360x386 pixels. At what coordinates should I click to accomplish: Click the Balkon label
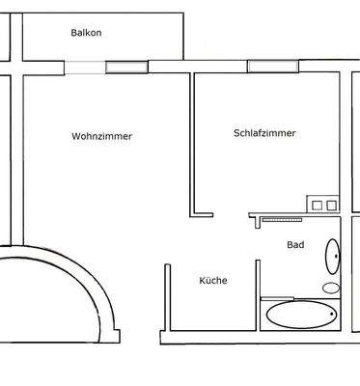pyautogui.click(x=86, y=33)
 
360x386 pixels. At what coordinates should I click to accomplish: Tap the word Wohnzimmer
pyautogui.click(x=101, y=136)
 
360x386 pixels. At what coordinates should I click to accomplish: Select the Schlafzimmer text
pyautogui.click(x=263, y=133)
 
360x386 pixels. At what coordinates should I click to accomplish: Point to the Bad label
pyautogui.click(x=295, y=245)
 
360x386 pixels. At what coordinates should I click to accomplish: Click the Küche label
pyautogui.click(x=212, y=281)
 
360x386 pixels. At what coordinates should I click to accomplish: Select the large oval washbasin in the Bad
pyautogui.click(x=331, y=257)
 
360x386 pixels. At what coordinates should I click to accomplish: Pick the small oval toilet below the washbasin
pyautogui.click(x=330, y=288)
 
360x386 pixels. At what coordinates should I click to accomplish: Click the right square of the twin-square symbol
pyautogui.click(x=330, y=205)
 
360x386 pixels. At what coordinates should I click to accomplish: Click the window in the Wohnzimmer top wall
pyautogui.click(x=122, y=68)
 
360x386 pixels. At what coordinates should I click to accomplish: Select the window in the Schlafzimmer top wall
pyautogui.click(x=262, y=67)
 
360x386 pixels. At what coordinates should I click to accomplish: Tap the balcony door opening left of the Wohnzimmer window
pyautogui.click(x=85, y=68)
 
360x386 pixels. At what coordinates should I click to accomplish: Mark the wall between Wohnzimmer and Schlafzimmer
pyautogui.click(x=193, y=145)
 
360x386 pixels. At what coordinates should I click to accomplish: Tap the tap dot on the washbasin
pyautogui.click(x=337, y=257)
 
